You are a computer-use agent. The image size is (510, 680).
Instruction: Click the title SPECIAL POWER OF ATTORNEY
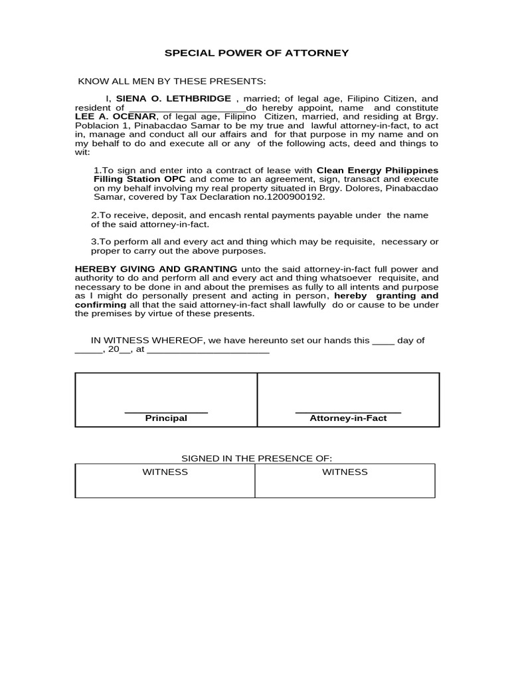tap(256, 53)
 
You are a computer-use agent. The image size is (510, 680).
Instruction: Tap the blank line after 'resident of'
tap(186, 108)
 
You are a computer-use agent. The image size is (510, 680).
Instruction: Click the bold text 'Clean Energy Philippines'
tap(377, 170)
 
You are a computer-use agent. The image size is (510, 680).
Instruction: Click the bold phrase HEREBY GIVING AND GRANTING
tap(155, 268)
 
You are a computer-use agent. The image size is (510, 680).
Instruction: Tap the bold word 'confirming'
tap(100, 305)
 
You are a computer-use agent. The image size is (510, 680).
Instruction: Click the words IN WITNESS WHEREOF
tap(147, 340)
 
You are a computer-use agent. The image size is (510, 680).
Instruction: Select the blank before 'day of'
tap(383, 341)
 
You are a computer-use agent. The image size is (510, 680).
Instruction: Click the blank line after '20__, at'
tap(207, 350)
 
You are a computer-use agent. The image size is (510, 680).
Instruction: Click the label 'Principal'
tap(166, 418)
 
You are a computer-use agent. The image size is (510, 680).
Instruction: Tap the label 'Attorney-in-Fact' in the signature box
tap(348, 418)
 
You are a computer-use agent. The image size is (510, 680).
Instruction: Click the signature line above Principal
tap(166, 412)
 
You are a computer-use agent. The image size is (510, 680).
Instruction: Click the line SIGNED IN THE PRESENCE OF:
tap(256, 459)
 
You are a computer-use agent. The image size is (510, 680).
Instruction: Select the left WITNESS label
tap(165, 472)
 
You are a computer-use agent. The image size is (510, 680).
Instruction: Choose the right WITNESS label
tap(345, 472)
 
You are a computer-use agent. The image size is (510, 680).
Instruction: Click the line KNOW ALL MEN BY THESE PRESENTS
tap(172, 81)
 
